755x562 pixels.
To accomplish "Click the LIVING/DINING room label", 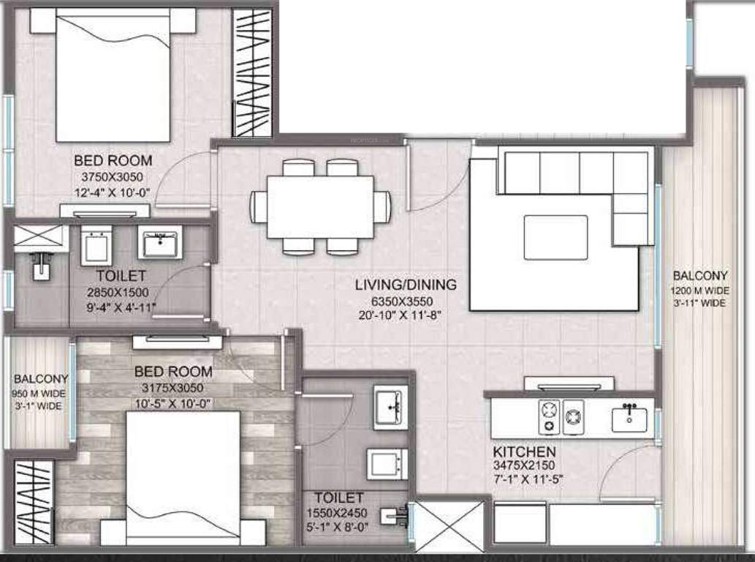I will pyautogui.click(x=406, y=285).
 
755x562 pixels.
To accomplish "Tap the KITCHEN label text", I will pyautogui.click(x=524, y=452).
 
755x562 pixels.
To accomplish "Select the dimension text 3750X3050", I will pyautogui.click(x=113, y=176).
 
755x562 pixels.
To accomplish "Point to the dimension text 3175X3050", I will pyautogui.click(x=173, y=388).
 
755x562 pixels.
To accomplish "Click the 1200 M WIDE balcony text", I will pyautogui.click(x=699, y=290).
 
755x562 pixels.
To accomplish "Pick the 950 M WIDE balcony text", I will pyautogui.click(x=41, y=393).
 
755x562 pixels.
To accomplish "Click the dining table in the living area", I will pyautogui.click(x=320, y=206).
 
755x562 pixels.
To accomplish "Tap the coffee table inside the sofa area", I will pyautogui.click(x=555, y=237).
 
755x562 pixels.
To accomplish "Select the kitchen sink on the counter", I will pyautogui.click(x=629, y=418).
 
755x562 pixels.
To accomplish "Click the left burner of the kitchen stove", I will pyautogui.click(x=549, y=418).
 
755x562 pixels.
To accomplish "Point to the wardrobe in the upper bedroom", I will pyautogui.click(x=252, y=72).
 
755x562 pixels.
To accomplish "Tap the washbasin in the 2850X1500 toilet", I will pyautogui.click(x=160, y=244).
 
